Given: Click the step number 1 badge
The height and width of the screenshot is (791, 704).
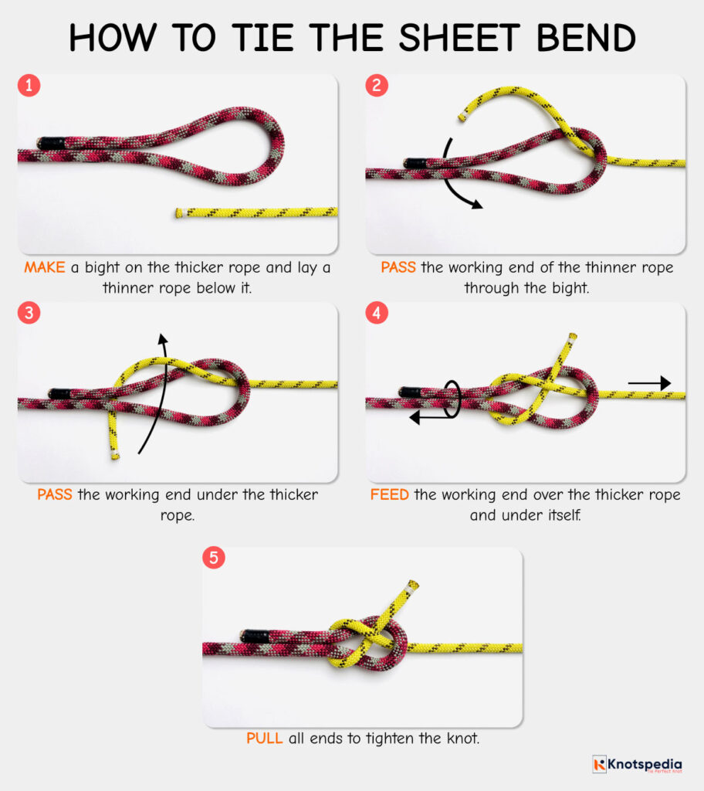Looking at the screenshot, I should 29,86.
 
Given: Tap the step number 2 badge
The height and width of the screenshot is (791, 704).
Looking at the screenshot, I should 377,86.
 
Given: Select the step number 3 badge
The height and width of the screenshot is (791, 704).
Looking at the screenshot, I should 29,314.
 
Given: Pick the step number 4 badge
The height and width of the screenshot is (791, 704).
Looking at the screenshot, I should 377,314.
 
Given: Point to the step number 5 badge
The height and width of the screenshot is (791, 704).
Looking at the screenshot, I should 214,558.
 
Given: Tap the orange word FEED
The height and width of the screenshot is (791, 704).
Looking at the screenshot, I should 390,494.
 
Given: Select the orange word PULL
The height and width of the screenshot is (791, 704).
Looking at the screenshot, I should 265,738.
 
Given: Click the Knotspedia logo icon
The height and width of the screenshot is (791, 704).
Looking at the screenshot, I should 600,764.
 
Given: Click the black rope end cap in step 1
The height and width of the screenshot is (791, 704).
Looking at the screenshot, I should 51,143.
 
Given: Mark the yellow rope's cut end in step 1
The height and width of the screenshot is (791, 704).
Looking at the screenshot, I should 179,212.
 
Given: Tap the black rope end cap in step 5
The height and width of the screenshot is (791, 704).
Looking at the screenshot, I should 255,636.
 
